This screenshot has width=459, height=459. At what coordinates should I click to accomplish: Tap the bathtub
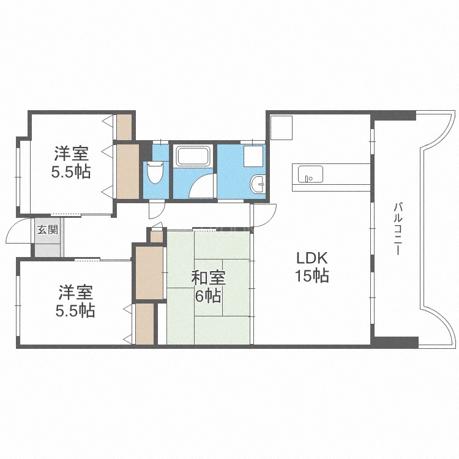click(x=193, y=157)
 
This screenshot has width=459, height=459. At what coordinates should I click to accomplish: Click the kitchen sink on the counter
click(x=305, y=174)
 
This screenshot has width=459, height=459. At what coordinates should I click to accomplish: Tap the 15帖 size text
click(x=313, y=277)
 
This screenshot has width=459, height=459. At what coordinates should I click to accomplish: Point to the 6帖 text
click(x=209, y=297)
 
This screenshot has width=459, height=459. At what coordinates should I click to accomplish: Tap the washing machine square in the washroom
click(x=253, y=157)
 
